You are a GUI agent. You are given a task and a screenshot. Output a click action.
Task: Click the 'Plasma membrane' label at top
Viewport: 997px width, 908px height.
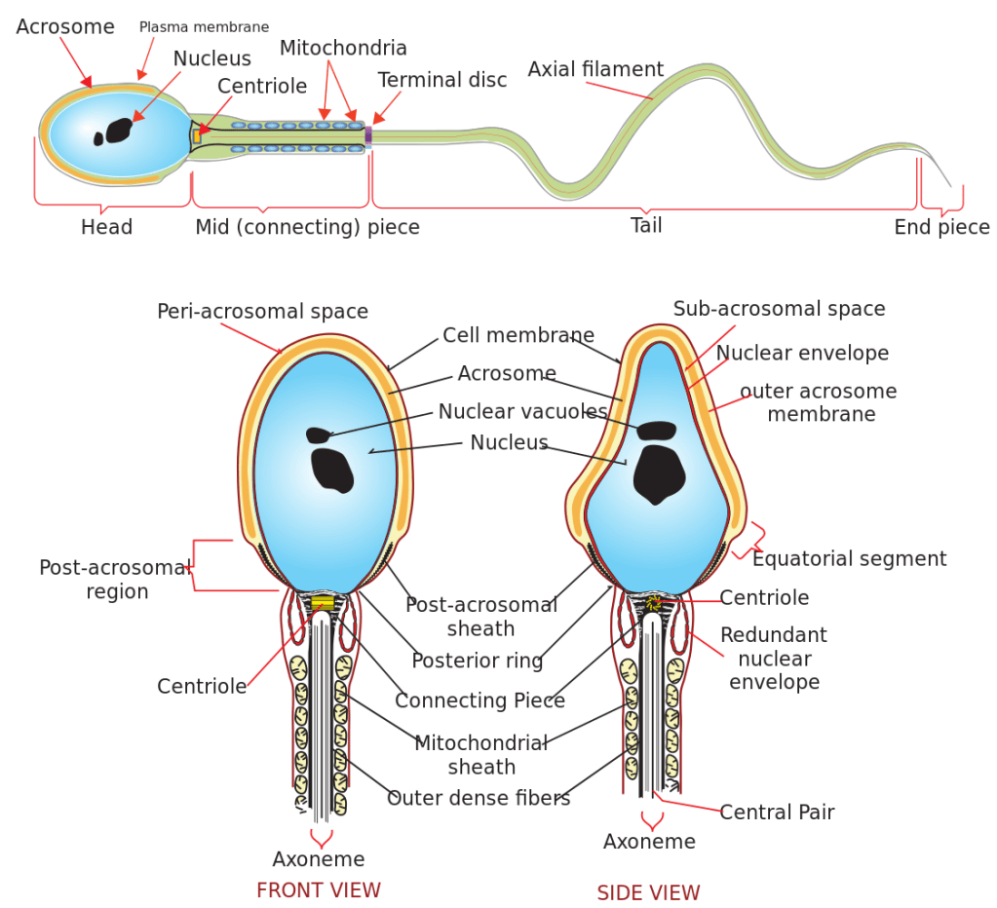point(204,27)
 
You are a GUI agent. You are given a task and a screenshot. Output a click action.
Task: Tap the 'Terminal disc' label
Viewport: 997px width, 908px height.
point(442,80)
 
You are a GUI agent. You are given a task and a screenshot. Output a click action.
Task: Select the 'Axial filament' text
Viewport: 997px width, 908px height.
point(595,69)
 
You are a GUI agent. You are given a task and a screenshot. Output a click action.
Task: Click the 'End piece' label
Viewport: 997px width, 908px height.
point(941,227)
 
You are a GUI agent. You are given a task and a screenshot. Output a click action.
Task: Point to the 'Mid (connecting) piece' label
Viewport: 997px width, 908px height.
point(307,227)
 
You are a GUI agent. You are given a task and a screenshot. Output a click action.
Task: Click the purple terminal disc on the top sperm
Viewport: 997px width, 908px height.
point(368,135)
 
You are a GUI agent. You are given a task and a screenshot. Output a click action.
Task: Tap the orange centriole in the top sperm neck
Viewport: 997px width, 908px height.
point(197,136)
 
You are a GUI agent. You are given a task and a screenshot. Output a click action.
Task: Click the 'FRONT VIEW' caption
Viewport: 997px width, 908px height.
point(318,889)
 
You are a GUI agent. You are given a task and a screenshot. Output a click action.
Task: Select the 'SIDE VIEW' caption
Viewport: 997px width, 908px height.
point(648,892)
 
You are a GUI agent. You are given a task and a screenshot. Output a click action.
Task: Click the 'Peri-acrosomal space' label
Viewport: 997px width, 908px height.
point(262,312)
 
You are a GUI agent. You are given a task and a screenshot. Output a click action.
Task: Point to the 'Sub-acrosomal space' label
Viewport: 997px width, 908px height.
point(779,309)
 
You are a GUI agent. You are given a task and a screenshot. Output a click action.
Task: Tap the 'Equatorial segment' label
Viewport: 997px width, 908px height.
point(849,558)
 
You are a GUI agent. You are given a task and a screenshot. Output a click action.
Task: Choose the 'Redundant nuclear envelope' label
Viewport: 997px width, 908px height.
point(774,658)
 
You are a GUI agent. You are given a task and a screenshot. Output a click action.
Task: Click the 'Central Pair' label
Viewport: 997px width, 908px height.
point(777,812)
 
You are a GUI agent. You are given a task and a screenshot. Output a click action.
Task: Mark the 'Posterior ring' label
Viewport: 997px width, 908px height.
point(477,661)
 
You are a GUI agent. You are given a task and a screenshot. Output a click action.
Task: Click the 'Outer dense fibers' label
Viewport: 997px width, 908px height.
point(478,798)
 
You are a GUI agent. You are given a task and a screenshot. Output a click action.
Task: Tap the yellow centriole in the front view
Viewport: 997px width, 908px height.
point(323,604)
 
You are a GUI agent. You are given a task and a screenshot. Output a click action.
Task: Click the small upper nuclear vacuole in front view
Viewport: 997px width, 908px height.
point(318,435)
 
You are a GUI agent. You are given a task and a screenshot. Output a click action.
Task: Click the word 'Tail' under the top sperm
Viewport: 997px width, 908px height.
point(646,225)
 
